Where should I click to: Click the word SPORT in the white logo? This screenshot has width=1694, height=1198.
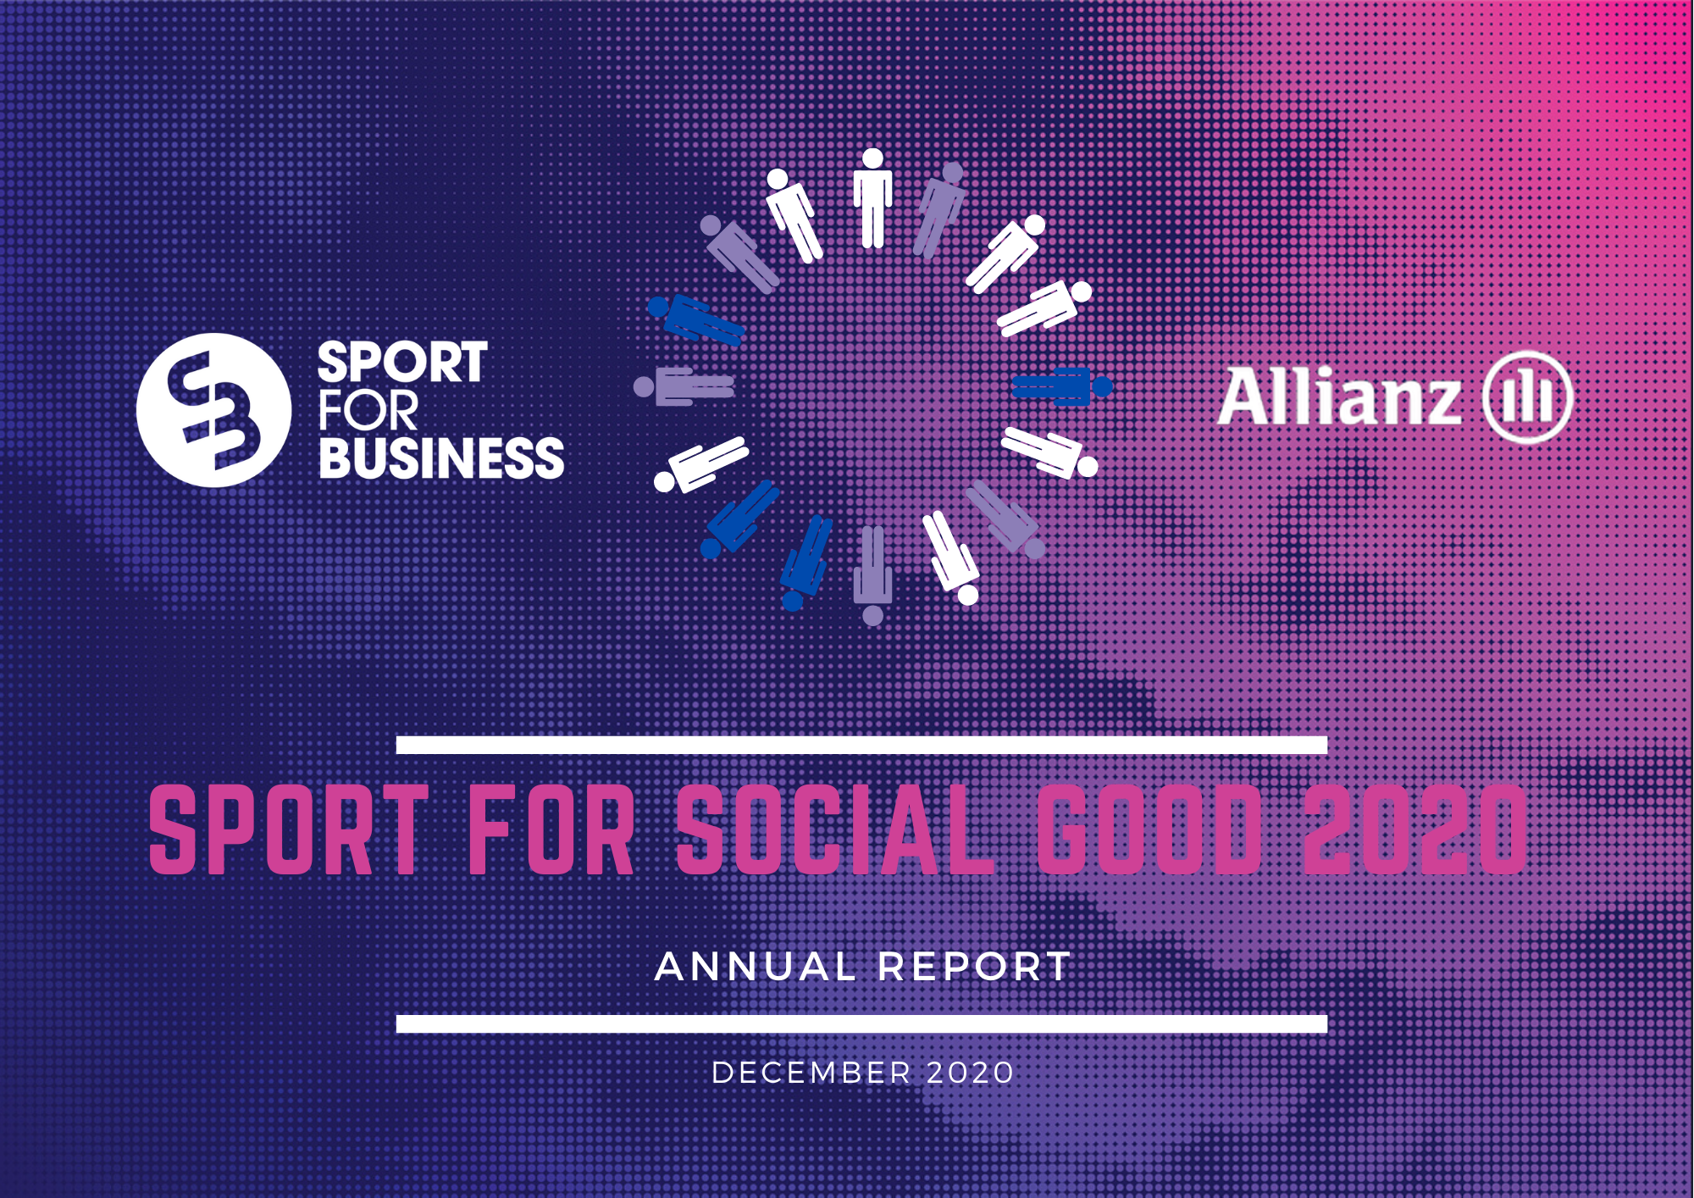pos(402,363)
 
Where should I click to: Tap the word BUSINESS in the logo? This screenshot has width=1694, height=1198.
pos(441,458)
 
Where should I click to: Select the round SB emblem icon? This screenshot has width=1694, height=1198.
pos(213,410)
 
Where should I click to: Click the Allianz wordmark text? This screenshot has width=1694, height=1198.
pos(1339,397)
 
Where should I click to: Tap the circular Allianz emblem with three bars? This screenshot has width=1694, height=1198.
pos(1527,397)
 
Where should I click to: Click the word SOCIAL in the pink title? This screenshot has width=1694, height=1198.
pos(835,829)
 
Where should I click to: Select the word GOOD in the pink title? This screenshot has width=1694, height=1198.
pos(1149,829)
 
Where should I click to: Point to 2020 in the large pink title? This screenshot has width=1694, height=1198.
pos(1414,829)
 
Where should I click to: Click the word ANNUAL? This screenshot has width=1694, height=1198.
pos(756,967)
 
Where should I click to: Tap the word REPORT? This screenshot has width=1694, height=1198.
pos(974,967)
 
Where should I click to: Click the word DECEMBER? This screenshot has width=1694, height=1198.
pos(811,1073)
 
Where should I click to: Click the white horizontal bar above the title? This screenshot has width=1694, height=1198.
pos(861,745)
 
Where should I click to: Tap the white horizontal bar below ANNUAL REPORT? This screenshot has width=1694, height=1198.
pos(861,1023)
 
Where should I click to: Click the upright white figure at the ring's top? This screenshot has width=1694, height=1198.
pos(872,199)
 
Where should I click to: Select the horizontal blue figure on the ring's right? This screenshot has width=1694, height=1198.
pos(1062,387)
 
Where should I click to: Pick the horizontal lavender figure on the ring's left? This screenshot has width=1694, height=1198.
pos(684,387)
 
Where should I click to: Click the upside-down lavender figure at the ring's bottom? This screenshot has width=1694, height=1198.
pos(872,576)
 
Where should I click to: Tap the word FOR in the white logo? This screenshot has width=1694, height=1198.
pos(368,411)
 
